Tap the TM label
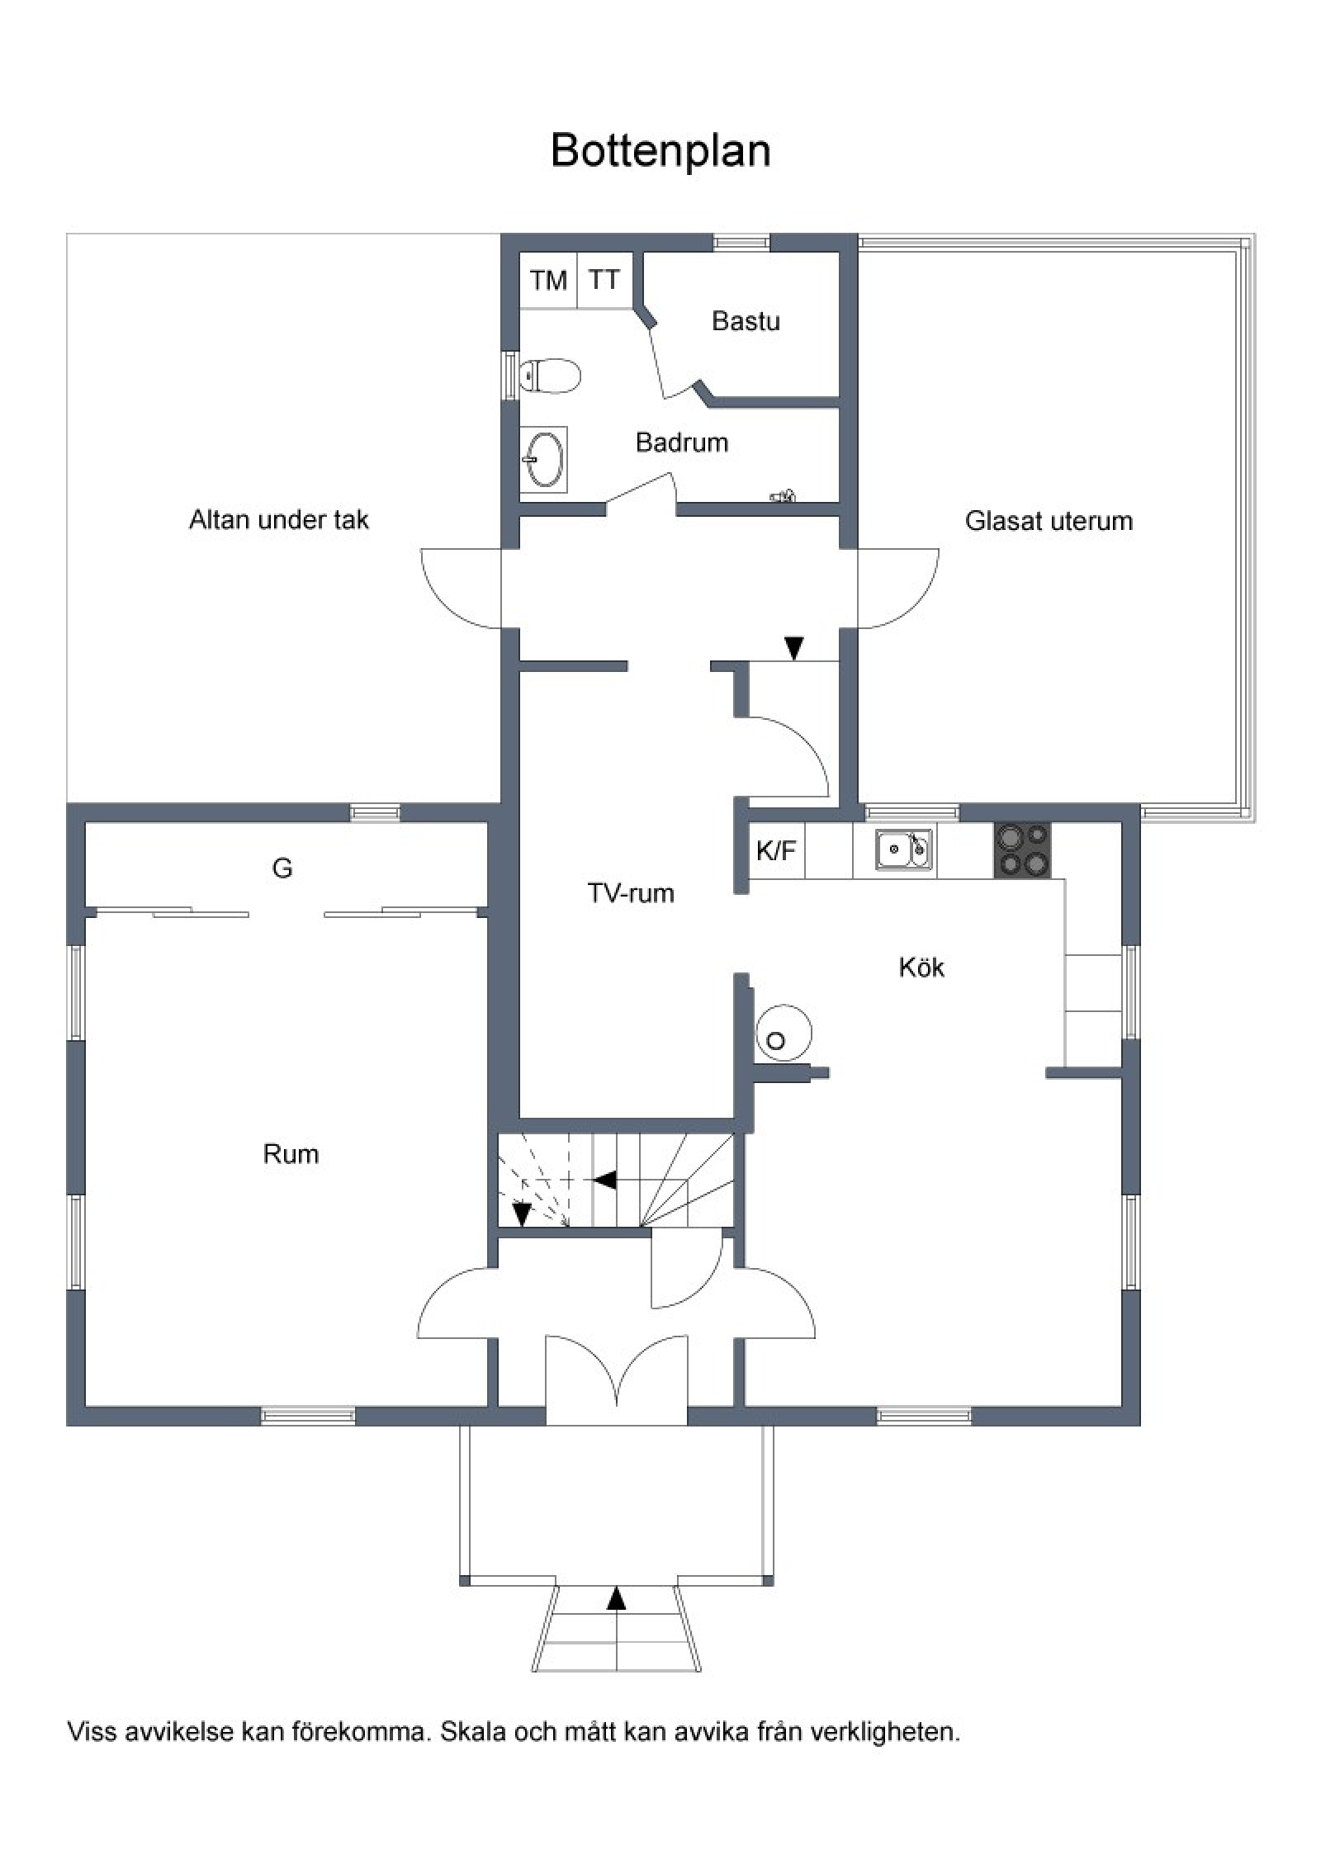[x=549, y=281]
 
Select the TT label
[x=604, y=280]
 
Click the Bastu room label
[x=746, y=321]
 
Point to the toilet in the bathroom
[x=551, y=376]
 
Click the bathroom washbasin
[x=544, y=459]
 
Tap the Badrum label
[x=682, y=442]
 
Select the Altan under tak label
[x=279, y=519]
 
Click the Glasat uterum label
[x=1049, y=521]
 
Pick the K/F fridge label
[x=776, y=851]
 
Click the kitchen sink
[x=904, y=849]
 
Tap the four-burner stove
[x=1022, y=850]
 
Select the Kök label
[x=921, y=968]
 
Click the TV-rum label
[x=631, y=893]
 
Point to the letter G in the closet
[x=282, y=868]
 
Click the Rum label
[x=291, y=1153]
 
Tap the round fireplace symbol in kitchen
[x=784, y=1033]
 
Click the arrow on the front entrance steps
[x=616, y=1599]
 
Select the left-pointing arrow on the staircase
[x=604, y=1181]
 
